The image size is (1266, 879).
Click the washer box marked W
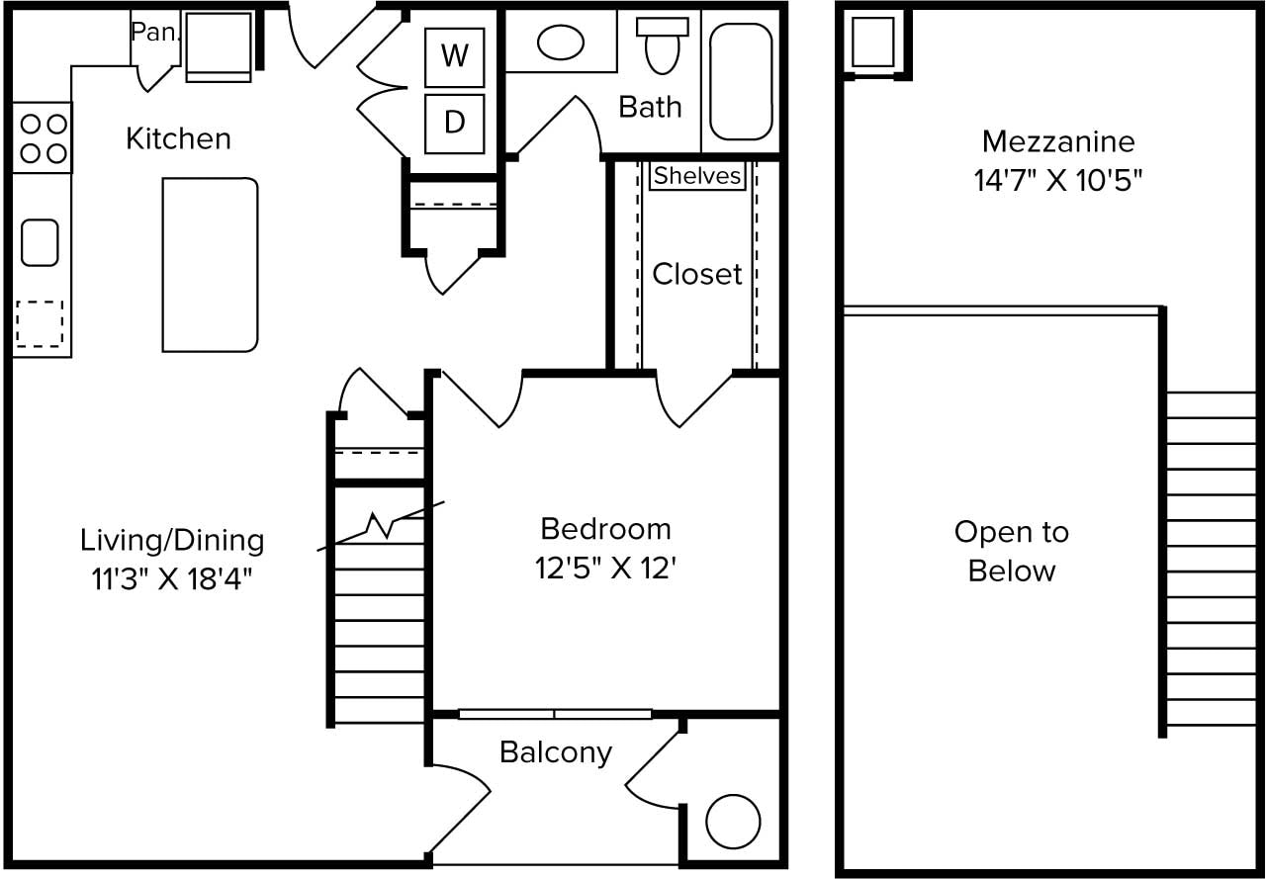(454, 57)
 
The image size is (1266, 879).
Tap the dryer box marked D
(454, 124)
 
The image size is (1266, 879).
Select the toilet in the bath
(662, 45)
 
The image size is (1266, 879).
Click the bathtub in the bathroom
(741, 81)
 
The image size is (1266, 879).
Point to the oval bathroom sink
(560, 43)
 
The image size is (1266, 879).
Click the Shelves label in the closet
(697, 176)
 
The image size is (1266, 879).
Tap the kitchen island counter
(211, 265)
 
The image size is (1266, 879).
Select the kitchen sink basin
(40, 242)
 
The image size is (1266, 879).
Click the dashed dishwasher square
(40, 323)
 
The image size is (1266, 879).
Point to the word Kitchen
(179, 139)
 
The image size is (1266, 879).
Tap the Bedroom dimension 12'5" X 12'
(606, 569)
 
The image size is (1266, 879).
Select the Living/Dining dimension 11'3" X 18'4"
(172, 579)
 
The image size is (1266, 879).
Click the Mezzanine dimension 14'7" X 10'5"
(1058, 181)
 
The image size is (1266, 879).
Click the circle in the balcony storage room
(733, 822)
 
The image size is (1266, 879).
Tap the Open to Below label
(1012, 552)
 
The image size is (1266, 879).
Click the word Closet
(697, 274)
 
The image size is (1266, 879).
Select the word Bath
(650, 107)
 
